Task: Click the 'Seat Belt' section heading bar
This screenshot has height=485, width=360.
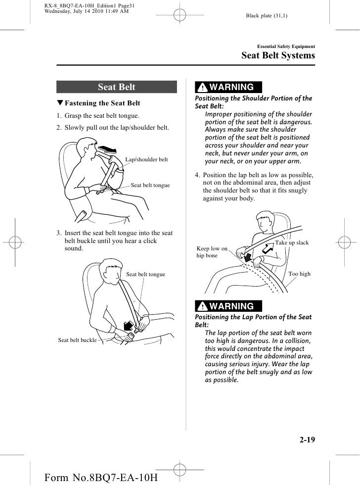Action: (x=116, y=88)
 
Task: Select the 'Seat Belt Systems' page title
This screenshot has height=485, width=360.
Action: (x=278, y=55)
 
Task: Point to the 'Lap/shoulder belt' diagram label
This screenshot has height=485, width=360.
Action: (x=146, y=160)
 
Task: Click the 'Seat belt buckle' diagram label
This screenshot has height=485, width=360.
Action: (x=77, y=340)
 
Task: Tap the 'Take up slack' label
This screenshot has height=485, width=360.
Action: (x=292, y=243)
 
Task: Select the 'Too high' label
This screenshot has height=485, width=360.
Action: (x=299, y=274)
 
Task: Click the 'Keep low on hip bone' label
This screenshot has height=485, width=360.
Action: (x=212, y=252)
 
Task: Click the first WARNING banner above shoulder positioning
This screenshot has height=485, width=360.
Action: (x=228, y=88)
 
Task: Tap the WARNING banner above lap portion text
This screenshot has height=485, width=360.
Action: (x=228, y=306)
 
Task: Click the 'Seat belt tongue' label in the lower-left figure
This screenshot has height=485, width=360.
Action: (x=146, y=274)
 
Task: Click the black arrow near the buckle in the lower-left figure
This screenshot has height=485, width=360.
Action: (x=128, y=325)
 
